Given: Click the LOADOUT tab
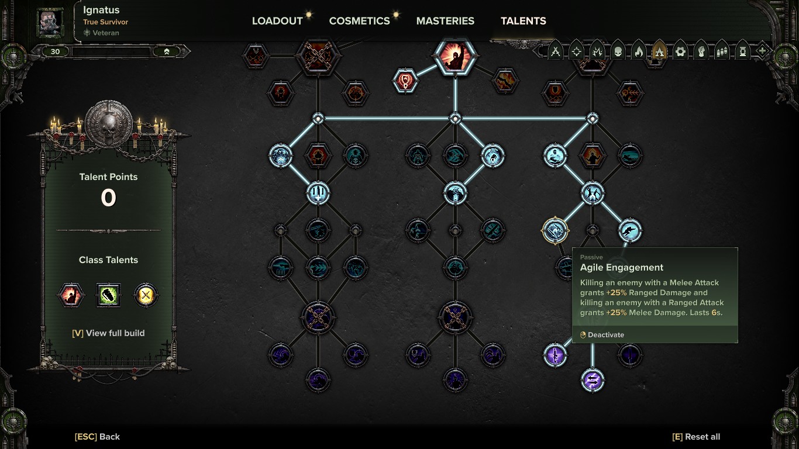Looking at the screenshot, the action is click(277, 21).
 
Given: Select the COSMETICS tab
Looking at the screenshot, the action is click(359, 21).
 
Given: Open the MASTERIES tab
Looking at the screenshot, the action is click(445, 21).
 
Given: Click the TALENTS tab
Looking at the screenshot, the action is click(524, 21).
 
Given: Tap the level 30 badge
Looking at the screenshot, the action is click(56, 51).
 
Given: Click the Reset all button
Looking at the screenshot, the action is click(696, 437).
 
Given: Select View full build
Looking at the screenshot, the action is click(108, 333).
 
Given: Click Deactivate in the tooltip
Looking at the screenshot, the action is click(602, 335).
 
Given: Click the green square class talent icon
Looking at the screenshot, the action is click(108, 295).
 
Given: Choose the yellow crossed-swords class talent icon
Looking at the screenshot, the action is click(146, 295).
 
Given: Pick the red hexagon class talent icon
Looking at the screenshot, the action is click(71, 295).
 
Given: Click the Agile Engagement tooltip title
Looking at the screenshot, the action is click(621, 268).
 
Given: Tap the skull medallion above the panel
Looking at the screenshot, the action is click(109, 123).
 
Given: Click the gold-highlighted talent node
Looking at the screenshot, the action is click(555, 230).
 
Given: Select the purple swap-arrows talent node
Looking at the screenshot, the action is click(593, 380).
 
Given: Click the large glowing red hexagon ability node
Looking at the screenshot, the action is click(455, 56).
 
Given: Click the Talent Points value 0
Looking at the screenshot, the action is click(108, 198).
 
